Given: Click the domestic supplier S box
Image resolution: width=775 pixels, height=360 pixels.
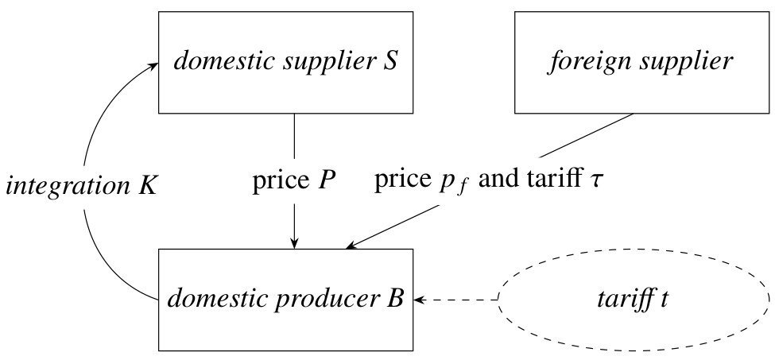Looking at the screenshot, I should pos(287,62).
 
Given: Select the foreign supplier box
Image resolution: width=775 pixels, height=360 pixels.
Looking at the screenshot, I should pos(641,62).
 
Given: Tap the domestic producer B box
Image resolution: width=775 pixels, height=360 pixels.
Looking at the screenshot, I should pos(287,299).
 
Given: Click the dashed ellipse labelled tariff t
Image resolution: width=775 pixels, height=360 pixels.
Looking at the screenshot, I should pos(634,299).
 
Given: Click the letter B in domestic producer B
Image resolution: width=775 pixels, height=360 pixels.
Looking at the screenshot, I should pos(397,299).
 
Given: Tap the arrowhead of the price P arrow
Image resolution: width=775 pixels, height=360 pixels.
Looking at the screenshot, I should pos(295,242).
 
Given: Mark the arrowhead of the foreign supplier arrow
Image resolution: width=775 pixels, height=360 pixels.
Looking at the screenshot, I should pos(350,246).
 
